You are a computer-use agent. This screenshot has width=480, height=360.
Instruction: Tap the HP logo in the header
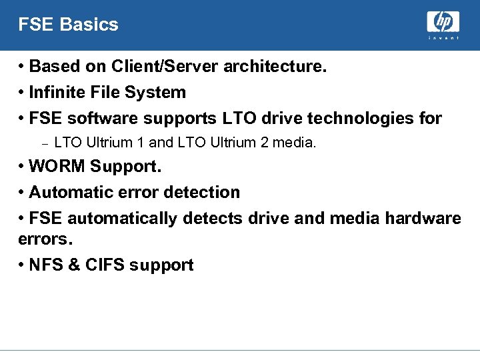443,23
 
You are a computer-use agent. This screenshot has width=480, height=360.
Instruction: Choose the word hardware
423,219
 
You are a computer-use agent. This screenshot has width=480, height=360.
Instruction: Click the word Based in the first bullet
53,66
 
